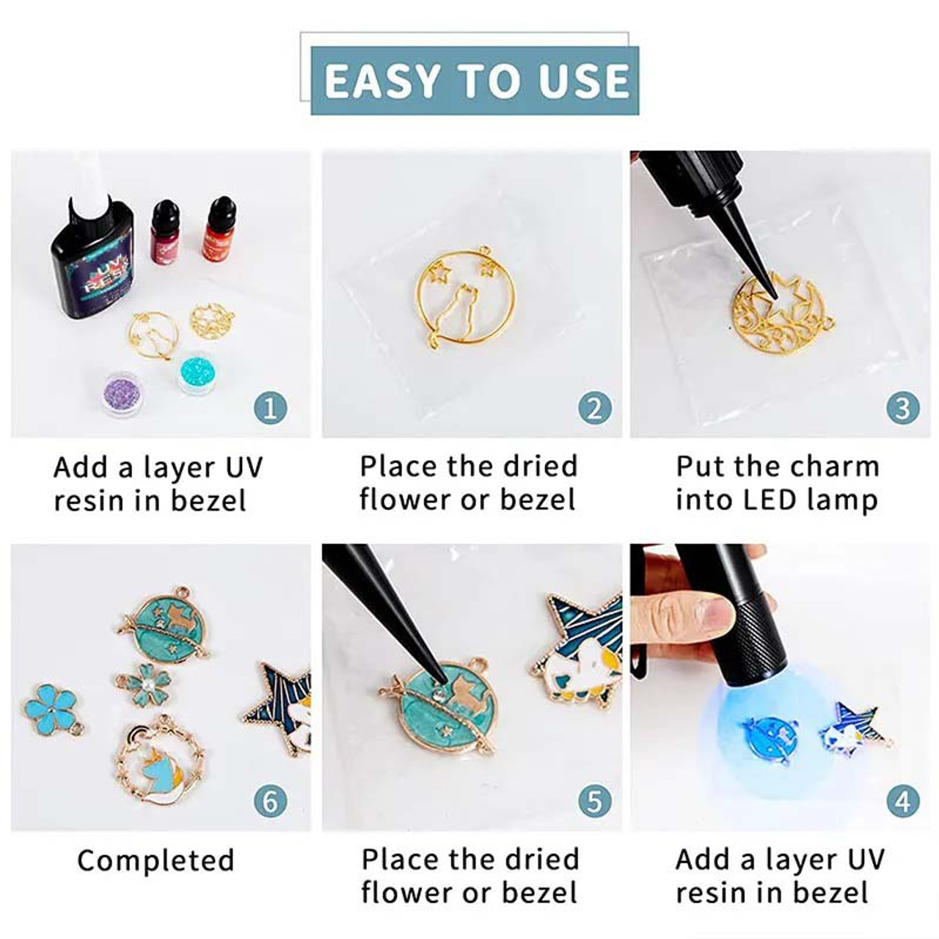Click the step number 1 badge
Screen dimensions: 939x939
[x=270, y=409]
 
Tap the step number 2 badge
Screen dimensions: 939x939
[x=594, y=409]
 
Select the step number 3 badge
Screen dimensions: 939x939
[x=903, y=409]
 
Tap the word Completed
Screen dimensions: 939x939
[x=156, y=861]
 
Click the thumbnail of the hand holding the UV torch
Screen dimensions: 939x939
[x=781, y=687]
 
